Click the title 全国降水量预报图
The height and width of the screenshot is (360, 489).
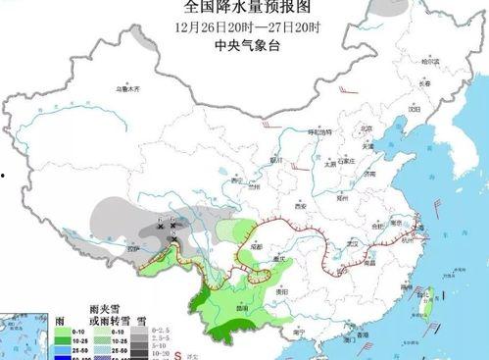click(x=244, y=10)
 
